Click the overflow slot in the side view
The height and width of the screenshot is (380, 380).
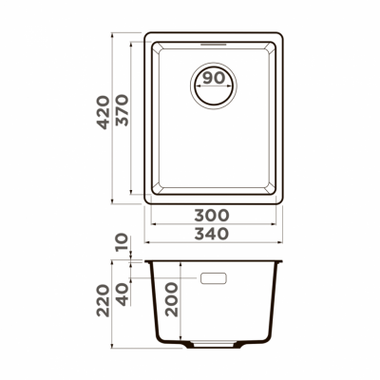coord(215,278)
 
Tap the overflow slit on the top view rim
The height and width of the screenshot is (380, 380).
coord(215,44)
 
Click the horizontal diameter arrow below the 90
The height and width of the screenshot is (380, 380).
coord(215,90)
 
